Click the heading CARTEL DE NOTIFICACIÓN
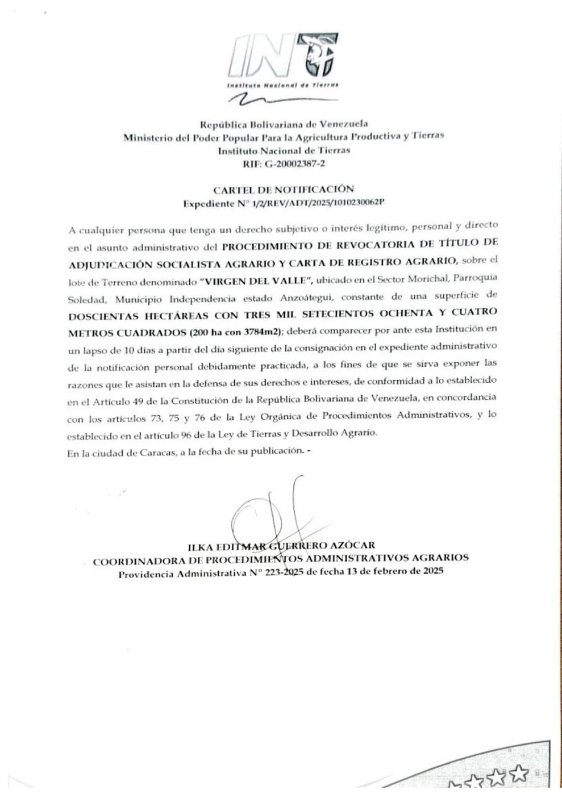pos(283,190)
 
